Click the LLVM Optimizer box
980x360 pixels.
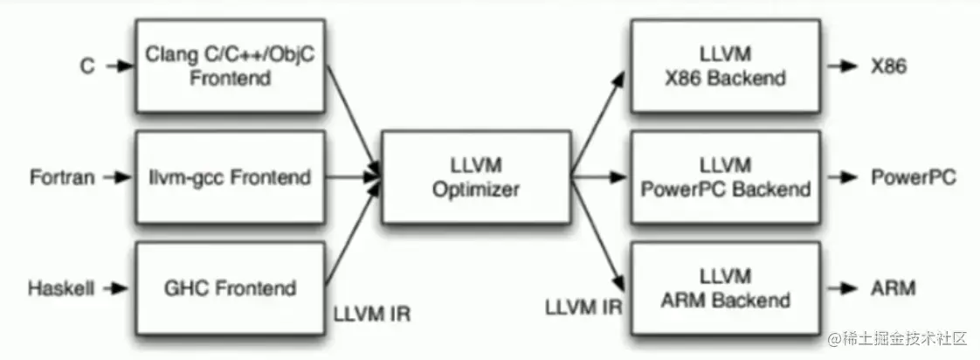point(477,177)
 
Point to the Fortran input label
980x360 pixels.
point(61,177)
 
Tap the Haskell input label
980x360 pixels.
point(61,287)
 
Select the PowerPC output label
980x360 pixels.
point(914,177)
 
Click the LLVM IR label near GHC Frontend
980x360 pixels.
point(371,311)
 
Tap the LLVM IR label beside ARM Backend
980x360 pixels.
point(583,308)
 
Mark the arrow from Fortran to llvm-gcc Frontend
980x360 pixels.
point(116,177)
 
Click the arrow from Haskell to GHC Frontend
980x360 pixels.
point(116,287)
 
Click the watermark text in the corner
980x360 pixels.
point(899,338)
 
